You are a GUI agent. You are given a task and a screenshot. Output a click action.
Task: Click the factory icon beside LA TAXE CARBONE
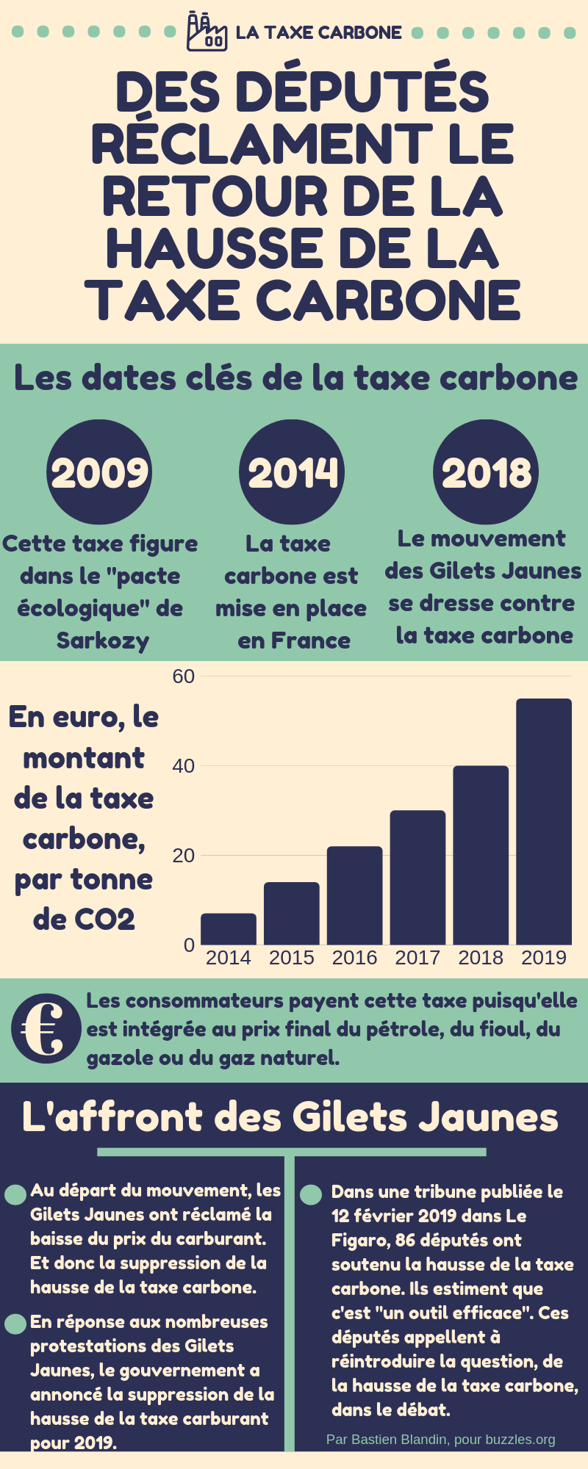(x=207, y=32)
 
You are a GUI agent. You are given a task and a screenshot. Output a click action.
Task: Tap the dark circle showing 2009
(x=99, y=472)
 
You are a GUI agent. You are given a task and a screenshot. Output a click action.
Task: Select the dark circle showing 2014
(x=292, y=472)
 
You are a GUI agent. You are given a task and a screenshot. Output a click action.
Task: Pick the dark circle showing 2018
(x=486, y=472)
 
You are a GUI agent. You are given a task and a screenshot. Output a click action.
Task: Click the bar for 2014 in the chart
(x=229, y=929)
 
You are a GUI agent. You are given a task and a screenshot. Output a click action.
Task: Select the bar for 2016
(x=354, y=896)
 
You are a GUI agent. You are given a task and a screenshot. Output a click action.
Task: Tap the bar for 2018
(x=481, y=855)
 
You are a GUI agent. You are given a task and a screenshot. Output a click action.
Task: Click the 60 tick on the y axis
(x=184, y=676)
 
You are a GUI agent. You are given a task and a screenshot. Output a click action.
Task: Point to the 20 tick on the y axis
(x=184, y=856)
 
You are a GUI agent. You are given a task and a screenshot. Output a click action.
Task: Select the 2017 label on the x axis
(x=417, y=958)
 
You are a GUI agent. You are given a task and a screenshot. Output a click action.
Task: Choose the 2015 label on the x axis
(x=291, y=958)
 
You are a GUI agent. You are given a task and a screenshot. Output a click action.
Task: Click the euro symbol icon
(x=46, y=1028)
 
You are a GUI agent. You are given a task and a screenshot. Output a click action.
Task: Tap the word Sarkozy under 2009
(x=103, y=640)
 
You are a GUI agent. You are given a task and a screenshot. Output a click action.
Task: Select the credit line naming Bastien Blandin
(x=440, y=1440)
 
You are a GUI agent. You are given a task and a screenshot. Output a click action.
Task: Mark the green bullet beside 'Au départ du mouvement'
(x=15, y=1194)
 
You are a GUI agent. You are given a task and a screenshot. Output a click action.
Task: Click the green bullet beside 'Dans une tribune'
(x=311, y=1194)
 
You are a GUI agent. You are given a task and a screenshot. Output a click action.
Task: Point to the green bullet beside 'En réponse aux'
(x=15, y=1324)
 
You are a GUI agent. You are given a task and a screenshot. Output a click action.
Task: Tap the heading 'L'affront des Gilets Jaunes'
(x=290, y=1117)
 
